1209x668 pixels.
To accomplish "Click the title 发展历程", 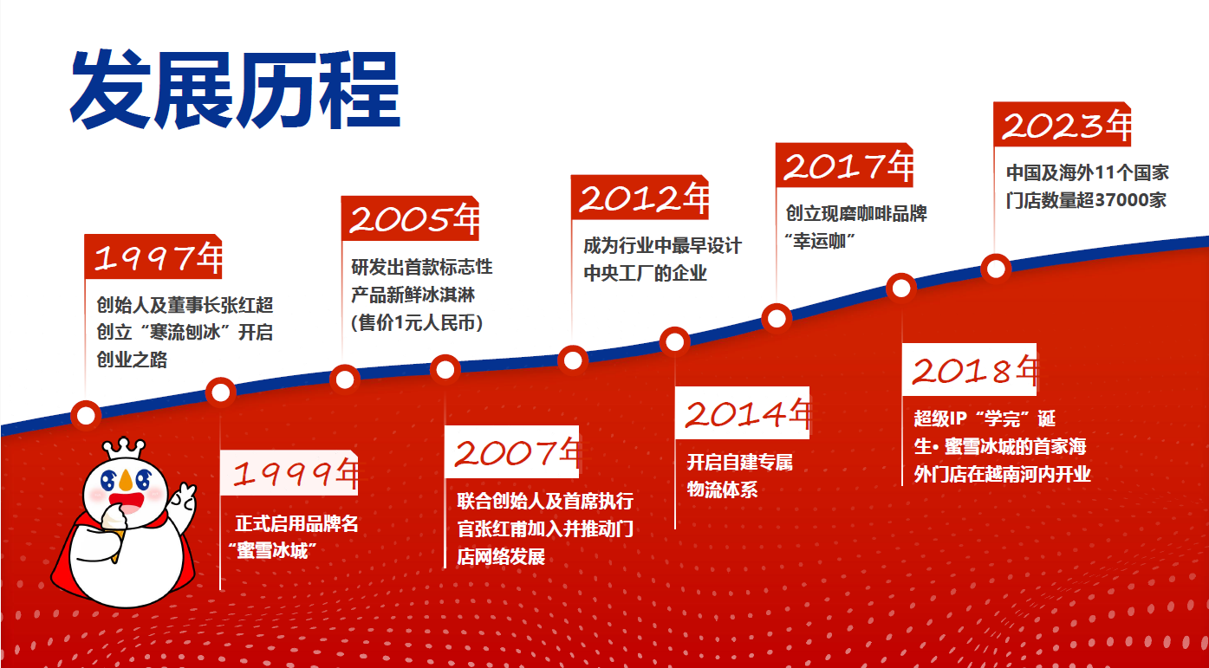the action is (x=236, y=89).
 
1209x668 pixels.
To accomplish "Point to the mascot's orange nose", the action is (x=126, y=480).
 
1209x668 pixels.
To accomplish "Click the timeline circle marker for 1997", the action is (x=86, y=416).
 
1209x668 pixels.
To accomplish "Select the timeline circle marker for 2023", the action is (x=996, y=269).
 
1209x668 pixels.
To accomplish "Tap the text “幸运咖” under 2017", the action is (x=820, y=241).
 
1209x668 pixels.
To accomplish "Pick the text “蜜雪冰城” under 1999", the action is (x=272, y=551).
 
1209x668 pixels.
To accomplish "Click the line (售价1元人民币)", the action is (x=417, y=322).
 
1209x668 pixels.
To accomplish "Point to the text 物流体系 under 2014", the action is (x=722, y=490).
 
